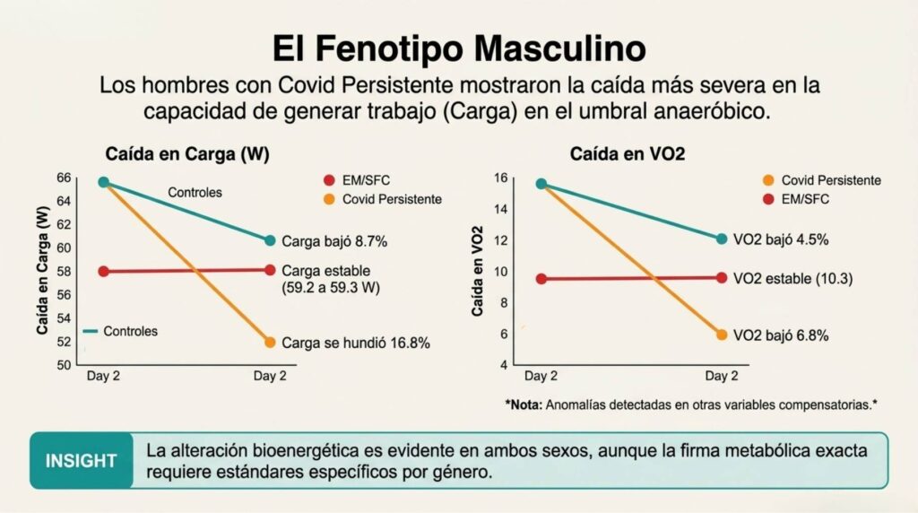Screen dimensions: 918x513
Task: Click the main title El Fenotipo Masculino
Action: coord(460,48)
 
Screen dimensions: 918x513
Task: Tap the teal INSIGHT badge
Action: coord(82,460)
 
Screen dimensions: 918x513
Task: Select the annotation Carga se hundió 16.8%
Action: coord(355,343)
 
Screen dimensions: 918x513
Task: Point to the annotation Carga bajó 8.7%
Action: coord(334,241)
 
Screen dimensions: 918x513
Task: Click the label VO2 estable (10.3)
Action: coord(792,278)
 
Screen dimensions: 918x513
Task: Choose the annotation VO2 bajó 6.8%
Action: coord(781,335)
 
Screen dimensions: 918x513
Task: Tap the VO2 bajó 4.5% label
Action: coord(781,239)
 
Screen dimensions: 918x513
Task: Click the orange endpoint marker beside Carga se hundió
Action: coord(270,343)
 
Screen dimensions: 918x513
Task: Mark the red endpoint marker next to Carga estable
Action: coord(270,270)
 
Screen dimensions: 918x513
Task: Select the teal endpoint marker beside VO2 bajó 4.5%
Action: coord(722,239)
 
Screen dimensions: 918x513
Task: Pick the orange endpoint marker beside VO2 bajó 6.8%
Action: coord(722,335)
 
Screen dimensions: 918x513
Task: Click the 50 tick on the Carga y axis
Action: coord(64,365)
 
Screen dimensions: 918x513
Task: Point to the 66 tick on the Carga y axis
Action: coord(64,178)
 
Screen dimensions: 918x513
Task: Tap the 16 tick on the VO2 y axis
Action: coord(501,178)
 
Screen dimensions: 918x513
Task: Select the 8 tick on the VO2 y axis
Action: coord(504,303)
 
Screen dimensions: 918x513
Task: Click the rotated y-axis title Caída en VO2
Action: coord(478,271)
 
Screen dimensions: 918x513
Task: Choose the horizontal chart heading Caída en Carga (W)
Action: coord(187,154)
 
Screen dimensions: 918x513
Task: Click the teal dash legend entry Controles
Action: coord(120,332)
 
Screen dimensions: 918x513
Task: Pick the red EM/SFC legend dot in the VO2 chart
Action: coord(768,199)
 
